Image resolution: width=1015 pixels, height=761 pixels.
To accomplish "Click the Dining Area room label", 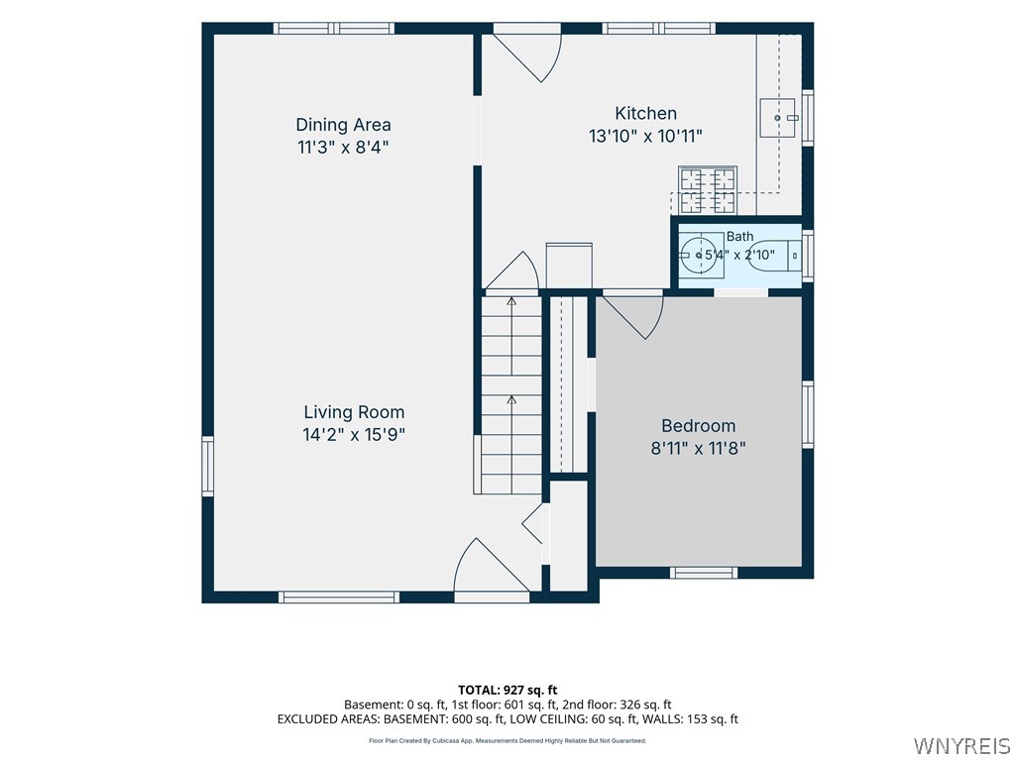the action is (x=343, y=124).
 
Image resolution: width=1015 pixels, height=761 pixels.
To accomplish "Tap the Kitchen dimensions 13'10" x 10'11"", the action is (x=645, y=136).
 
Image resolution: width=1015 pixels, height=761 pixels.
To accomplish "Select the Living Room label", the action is (x=354, y=411).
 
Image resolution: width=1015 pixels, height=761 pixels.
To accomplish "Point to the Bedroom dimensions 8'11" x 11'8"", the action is (x=699, y=448).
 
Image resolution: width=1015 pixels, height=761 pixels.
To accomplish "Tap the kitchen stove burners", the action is (x=708, y=189).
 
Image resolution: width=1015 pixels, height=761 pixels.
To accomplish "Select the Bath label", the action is (x=739, y=236).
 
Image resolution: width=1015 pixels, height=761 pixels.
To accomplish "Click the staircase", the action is (x=510, y=394).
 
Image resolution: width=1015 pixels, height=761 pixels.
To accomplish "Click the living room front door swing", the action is (x=492, y=566).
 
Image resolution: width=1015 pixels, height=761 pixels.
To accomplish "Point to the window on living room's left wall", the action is (x=208, y=466).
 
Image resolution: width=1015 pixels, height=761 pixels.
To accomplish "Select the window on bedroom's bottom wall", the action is (x=704, y=572).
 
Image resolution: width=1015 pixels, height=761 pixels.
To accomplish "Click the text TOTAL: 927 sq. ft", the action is (x=507, y=690).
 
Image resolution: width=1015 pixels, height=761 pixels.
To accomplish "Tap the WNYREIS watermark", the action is (x=961, y=745).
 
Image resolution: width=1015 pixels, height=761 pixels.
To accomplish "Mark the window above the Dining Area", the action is (x=334, y=29).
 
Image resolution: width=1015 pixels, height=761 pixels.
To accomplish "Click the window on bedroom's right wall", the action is (x=808, y=414).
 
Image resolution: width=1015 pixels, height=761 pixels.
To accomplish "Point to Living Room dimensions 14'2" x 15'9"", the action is (x=354, y=434).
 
